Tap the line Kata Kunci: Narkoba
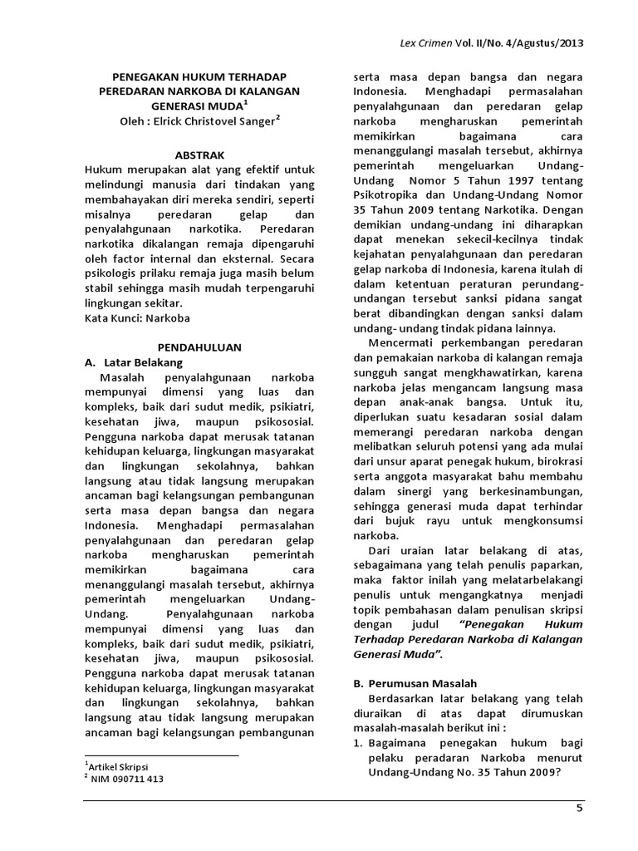click(x=138, y=317)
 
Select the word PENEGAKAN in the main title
click(x=144, y=76)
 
